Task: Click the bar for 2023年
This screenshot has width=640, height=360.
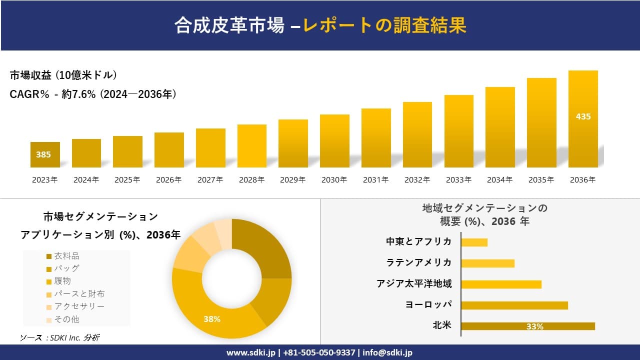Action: [x=45, y=155]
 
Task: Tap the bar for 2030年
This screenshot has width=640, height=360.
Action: [x=334, y=141]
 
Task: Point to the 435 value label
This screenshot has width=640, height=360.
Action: [x=583, y=116]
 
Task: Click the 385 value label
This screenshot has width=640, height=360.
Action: [x=43, y=154]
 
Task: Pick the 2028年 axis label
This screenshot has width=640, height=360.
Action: [x=251, y=180]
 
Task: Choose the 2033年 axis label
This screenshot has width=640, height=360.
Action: [x=458, y=180]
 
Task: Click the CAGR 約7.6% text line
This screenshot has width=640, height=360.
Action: [x=93, y=94]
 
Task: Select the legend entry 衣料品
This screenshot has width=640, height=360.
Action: [x=66, y=256]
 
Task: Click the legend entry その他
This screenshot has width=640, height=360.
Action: [x=66, y=319]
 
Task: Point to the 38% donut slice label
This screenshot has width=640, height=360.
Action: [x=212, y=319]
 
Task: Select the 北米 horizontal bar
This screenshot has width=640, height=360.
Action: [x=527, y=326]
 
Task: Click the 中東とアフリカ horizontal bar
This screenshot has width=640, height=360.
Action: [x=474, y=242]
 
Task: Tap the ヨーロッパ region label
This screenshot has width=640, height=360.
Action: [x=428, y=304]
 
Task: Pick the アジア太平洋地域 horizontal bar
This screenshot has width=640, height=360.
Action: [x=501, y=284]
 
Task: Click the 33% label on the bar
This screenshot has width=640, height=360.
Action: [x=534, y=326]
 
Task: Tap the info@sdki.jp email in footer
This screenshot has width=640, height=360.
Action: [x=387, y=352]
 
